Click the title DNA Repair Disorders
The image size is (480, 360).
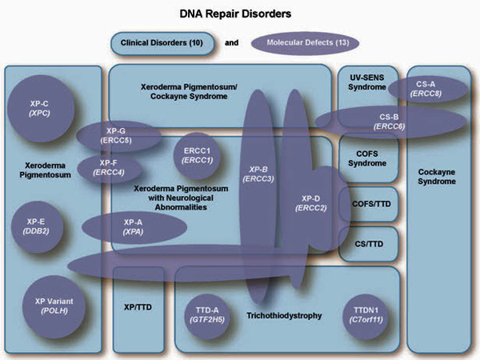point(240,14)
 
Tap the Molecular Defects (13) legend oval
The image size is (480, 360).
point(303,42)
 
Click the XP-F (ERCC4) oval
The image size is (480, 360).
point(108,167)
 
